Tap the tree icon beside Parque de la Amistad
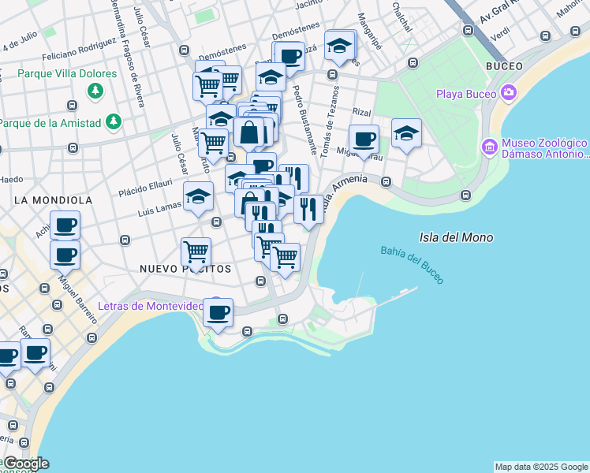[115, 122]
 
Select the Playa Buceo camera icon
[508, 94]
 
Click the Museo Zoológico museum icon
[489, 147]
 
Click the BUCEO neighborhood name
[506, 65]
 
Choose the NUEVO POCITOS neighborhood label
[185, 269]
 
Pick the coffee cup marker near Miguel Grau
[364, 139]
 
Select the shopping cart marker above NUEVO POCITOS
[196, 251]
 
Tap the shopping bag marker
[249, 132]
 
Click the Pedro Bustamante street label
[305, 119]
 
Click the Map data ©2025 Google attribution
[541, 467]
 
